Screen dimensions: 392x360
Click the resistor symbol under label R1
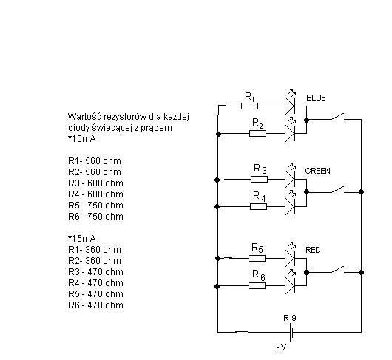pyautogui.click(x=249, y=106)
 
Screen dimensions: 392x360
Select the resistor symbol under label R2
pyautogui.click(x=257, y=133)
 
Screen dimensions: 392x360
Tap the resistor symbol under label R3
pyautogui.click(x=259, y=179)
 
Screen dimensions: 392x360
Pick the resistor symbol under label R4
pyautogui.click(x=259, y=206)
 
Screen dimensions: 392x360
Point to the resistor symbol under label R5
pyautogui.click(x=257, y=258)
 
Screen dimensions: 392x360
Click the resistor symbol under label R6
pyautogui.click(x=257, y=285)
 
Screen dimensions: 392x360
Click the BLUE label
pyautogui.click(x=316, y=98)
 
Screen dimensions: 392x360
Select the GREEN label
pyautogui.click(x=317, y=171)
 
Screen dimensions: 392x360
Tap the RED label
pyautogui.click(x=313, y=250)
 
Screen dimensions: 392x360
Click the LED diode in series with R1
pyautogui.click(x=290, y=103)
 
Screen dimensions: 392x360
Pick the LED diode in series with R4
pyautogui.click(x=290, y=204)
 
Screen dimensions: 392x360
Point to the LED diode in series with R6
pyautogui.click(x=290, y=283)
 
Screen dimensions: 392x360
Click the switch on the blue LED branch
pyautogui.click(x=338, y=117)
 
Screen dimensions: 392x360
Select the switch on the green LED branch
pyautogui.click(x=338, y=190)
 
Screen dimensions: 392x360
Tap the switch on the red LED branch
pyautogui.click(x=338, y=270)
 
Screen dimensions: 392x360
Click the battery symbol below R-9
pyautogui.click(x=291, y=332)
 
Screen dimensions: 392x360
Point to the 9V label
pyautogui.click(x=281, y=347)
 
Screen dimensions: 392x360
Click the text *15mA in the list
pyautogui.click(x=82, y=239)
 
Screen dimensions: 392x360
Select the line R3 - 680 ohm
pyautogui.click(x=95, y=183)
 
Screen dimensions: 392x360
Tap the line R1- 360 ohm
pyautogui.click(x=95, y=250)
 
